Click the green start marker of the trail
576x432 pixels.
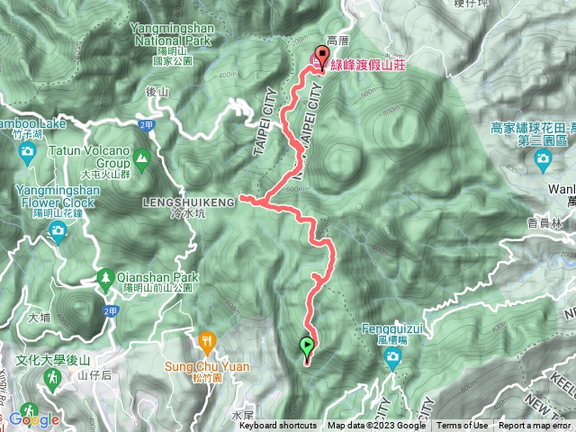click(x=307, y=345)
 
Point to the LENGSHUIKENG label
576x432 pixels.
click(x=188, y=202)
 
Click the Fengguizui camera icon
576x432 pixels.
click(x=391, y=360)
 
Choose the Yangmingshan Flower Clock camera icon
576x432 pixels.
click(x=58, y=233)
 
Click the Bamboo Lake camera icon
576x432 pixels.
click(x=27, y=150)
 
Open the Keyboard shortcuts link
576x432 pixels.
click(x=277, y=426)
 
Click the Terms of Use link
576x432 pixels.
click(x=463, y=426)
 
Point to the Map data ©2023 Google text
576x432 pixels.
click(x=377, y=426)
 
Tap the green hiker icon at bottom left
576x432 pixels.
click(x=52, y=384)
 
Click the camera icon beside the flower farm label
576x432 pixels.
click(x=542, y=160)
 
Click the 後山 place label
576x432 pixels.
click(x=158, y=92)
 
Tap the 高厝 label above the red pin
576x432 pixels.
click(x=337, y=41)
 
